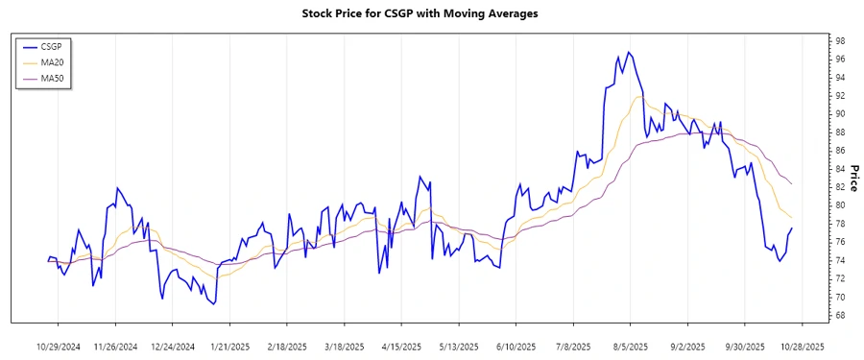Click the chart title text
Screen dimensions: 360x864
click(420, 13)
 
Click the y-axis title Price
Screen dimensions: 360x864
click(852, 178)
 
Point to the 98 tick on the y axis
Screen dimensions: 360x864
click(839, 41)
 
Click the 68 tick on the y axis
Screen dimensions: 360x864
click(839, 315)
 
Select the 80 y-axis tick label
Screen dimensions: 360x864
click(839, 205)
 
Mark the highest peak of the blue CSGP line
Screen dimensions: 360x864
click(628, 52)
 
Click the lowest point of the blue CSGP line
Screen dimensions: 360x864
click(213, 303)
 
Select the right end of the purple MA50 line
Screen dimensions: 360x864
click(792, 183)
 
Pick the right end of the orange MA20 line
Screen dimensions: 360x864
click(792, 218)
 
